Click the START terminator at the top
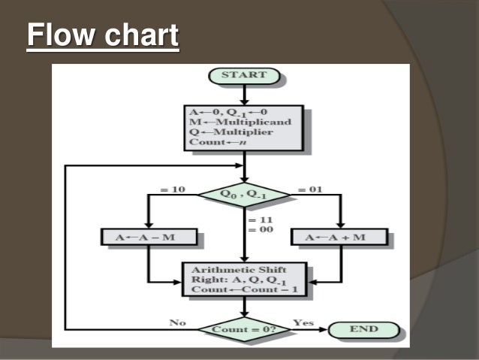pyautogui.click(x=244, y=75)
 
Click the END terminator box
pyautogui.click(x=363, y=328)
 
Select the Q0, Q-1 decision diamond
pyautogui.click(x=243, y=195)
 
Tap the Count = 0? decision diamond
pyautogui.click(x=243, y=329)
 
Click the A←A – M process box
pyautogui.click(x=149, y=237)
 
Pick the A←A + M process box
pyautogui.click(x=339, y=237)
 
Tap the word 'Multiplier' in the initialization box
pyautogui.click(x=239, y=132)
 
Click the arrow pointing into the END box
pyautogui.click(x=318, y=329)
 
